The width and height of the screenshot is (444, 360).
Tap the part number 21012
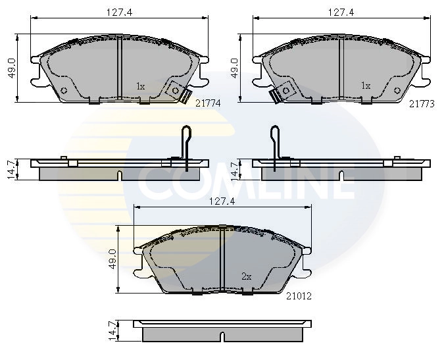[299, 296]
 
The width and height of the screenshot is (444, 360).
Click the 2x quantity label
[247, 277]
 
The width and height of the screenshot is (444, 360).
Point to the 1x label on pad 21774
[140, 86]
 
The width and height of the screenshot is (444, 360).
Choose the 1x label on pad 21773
[366, 86]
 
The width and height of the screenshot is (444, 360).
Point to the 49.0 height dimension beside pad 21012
[112, 259]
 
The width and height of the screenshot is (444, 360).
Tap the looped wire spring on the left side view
[186, 145]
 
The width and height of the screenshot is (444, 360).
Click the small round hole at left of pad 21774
[64, 91]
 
